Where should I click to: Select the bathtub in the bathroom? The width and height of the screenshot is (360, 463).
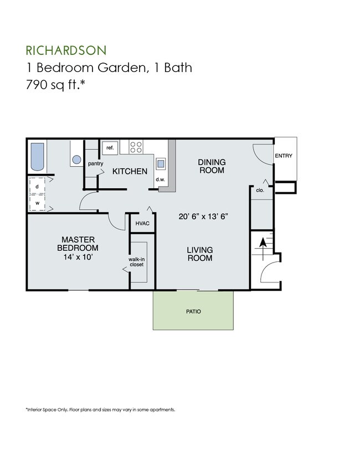point(38,157)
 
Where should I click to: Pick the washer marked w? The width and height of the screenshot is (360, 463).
point(37,203)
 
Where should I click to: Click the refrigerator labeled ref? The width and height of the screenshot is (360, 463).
point(110,148)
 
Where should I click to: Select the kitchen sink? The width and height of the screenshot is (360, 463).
point(160,163)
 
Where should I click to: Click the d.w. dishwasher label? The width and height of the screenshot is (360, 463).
point(160,179)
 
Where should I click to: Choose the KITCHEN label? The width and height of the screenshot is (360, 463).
point(130,172)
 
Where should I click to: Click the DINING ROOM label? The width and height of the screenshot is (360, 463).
point(212,166)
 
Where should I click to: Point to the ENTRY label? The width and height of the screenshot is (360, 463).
point(284,156)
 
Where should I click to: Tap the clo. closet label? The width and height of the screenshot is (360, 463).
point(260,189)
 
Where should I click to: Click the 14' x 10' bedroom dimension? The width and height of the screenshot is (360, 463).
point(78,256)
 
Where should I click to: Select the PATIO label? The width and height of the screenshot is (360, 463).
point(193,311)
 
